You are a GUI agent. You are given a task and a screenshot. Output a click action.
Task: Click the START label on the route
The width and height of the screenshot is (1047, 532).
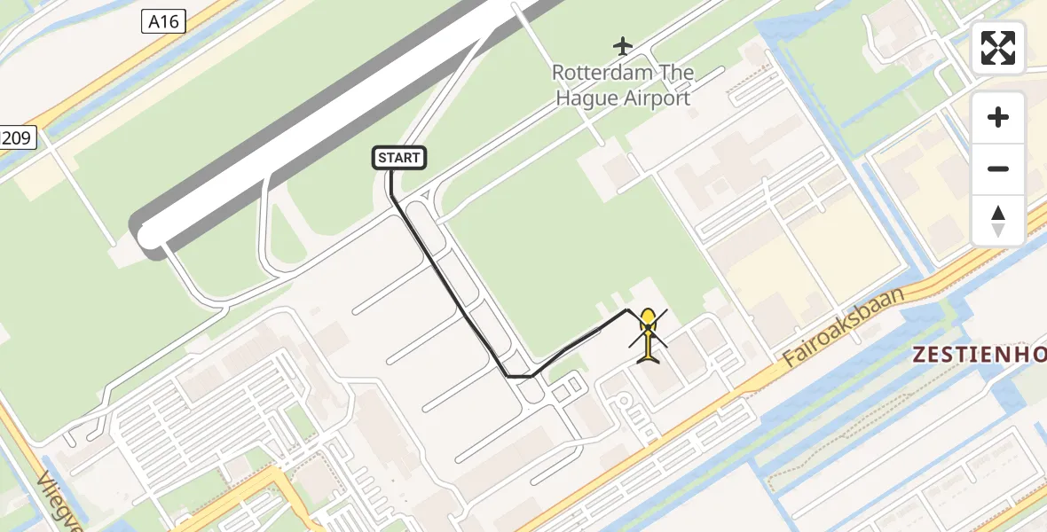tap(399, 158)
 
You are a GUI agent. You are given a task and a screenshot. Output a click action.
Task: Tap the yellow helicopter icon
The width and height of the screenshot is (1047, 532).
tap(649, 337)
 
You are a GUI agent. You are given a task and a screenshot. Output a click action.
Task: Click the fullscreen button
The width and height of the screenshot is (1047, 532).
tap(998, 48)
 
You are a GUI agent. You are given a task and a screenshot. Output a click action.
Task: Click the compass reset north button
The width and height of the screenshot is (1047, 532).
tap(998, 221)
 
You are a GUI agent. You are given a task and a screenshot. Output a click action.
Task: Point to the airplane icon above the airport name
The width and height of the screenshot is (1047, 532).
tap(623, 44)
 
